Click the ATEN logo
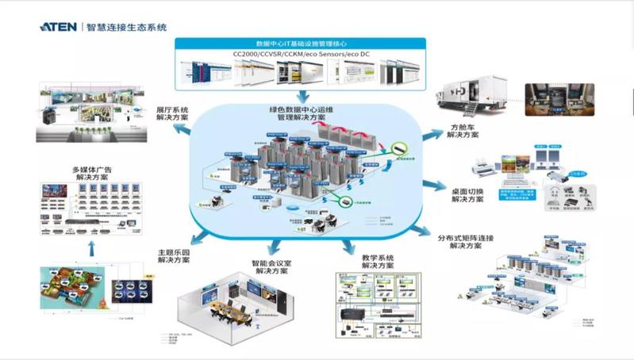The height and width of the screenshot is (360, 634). pyautogui.click(x=60, y=26)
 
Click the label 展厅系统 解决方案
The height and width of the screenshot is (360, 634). pyautogui.click(x=172, y=113)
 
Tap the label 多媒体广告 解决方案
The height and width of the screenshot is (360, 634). pyautogui.click(x=93, y=173)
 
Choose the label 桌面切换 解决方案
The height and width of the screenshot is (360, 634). pyautogui.click(x=468, y=194)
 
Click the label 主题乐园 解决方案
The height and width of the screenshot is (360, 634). pyautogui.click(x=174, y=255)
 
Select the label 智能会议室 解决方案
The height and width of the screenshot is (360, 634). pyautogui.click(x=271, y=267)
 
